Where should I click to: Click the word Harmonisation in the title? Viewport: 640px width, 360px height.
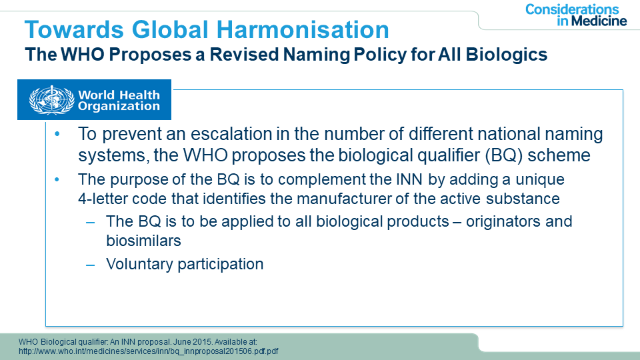[x=303, y=30]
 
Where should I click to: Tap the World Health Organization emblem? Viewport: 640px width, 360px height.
[x=51, y=100]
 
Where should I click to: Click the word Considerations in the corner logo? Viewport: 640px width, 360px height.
[x=572, y=9]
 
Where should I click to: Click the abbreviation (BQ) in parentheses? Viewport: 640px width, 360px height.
[x=504, y=155]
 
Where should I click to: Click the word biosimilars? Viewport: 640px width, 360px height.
[x=143, y=241]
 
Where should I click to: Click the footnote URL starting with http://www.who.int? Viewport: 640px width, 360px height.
[x=149, y=351]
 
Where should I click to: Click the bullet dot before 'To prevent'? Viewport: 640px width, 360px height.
[x=57, y=134]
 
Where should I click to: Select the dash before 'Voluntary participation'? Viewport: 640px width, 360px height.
[x=90, y=265]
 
